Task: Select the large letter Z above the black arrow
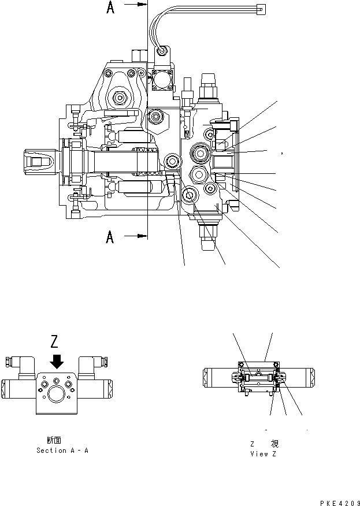click(55, 341)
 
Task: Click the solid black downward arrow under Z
click(56, 361)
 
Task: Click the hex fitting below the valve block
click(209, 237)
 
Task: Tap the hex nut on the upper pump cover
click(120, 98)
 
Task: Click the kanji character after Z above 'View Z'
click(274, 444)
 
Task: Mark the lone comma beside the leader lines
click(281, 154)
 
